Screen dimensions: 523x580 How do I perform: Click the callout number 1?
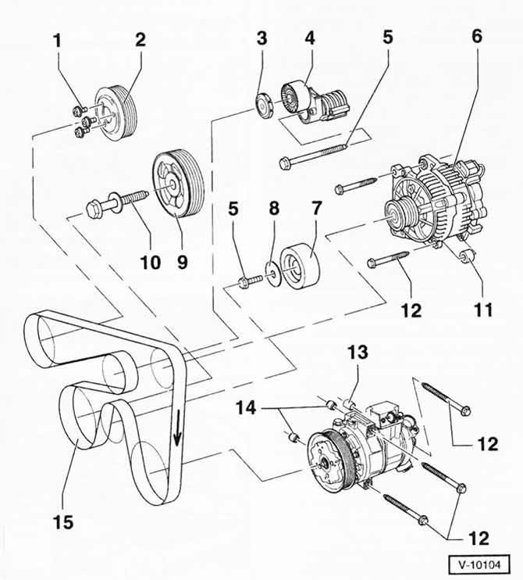(x=57, y=41)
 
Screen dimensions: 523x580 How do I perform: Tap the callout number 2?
(x=141, y=40)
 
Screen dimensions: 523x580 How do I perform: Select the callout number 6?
(x=477, y=37)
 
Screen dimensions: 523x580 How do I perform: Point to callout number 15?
(x=63, y=523)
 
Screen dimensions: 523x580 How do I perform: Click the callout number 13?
(x=358, y=352)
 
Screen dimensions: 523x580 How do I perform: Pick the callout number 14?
(x=246, y=408)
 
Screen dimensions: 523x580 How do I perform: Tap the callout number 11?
(x=483, y=310)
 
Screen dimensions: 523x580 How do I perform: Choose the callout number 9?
(x=182, y=263)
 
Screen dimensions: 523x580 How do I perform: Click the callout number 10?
(x=151, y=263)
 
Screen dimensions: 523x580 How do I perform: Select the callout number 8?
(x=274, y=209)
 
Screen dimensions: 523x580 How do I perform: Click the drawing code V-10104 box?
(x=479, y=565)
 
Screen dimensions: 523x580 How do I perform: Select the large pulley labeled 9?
(x=177, y=186)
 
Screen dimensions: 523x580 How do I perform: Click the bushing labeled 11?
(x=466, y=256)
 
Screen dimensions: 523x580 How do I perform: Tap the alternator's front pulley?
(x=397, y=214)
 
